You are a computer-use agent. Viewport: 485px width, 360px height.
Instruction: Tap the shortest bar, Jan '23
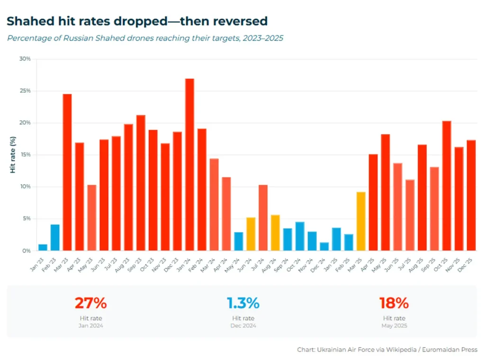point(43,247)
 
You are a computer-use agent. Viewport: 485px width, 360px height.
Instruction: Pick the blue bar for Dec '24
point(324,246)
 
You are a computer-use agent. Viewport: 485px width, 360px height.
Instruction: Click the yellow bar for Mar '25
point(361,221)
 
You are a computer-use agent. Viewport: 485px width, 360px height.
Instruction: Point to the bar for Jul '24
point(263,217)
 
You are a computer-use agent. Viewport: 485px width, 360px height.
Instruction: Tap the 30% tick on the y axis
point(25,59)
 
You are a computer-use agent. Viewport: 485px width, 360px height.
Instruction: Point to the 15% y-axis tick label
point(25,155)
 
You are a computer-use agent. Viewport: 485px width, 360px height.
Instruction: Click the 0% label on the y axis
point(27,251)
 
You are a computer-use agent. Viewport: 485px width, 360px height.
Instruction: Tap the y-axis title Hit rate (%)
point(13,155)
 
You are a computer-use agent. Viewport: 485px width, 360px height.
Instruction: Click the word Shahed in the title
point(27,21)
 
